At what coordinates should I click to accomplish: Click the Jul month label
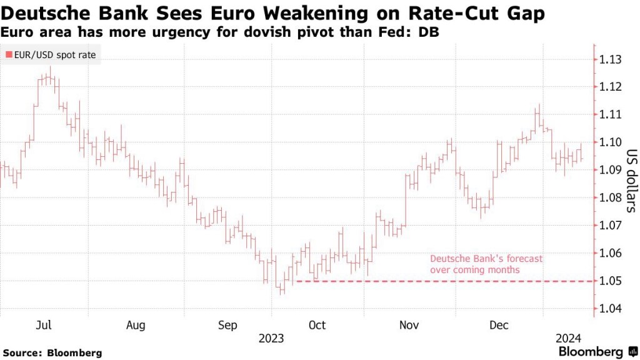tap(44, 325)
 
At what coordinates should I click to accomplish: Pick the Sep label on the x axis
tap(227, 325)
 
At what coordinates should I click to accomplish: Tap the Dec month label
tap(499, 325)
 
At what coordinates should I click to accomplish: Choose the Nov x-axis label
tap(409, 325)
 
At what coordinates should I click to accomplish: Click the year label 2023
tap(271, 338)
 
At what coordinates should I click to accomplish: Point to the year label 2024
tap(568, 338)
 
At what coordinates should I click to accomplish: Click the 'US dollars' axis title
tap(631, 181)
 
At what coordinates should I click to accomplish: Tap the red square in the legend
tap(8, 55)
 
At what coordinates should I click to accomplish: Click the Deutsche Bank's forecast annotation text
tap(486, 264)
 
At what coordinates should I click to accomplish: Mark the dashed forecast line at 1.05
tap(437, 281)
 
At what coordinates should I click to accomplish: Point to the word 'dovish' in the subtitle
tap(272, 32)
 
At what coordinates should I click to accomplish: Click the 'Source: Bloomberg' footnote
tap(52, 353)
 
